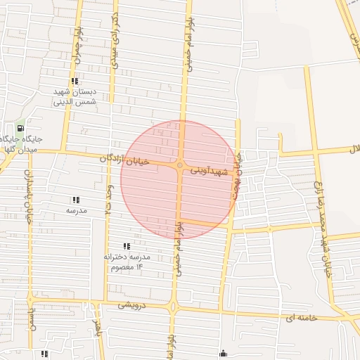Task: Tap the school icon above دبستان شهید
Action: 75,82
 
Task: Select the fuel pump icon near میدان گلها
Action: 19,128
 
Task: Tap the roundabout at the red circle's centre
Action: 179,166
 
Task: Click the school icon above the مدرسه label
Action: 75,200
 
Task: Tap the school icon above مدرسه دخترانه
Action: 127,246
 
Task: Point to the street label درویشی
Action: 132,305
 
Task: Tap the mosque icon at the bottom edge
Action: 224,353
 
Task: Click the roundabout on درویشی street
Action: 173,307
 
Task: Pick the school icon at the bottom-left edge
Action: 44,354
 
